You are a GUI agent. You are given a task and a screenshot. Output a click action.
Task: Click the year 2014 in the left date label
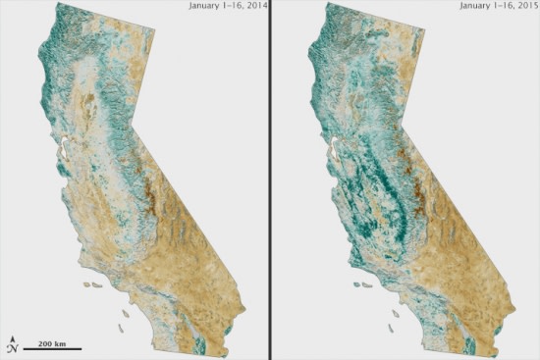pos(255,6)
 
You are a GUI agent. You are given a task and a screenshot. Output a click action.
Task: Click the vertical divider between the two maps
pos(269,180)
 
